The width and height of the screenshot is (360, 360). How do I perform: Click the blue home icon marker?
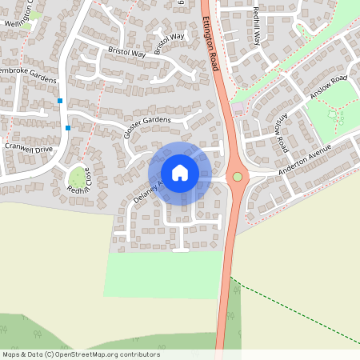coord(180,172)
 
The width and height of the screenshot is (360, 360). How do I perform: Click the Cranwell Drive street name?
coord(27,147)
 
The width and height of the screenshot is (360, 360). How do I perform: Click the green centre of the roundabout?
coord(237,177)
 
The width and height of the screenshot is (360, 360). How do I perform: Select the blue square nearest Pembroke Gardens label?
coord(60,101)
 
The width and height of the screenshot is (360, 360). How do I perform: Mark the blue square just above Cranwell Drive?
coord(68,128)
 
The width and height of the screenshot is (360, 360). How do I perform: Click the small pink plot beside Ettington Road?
coord(238,107)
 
